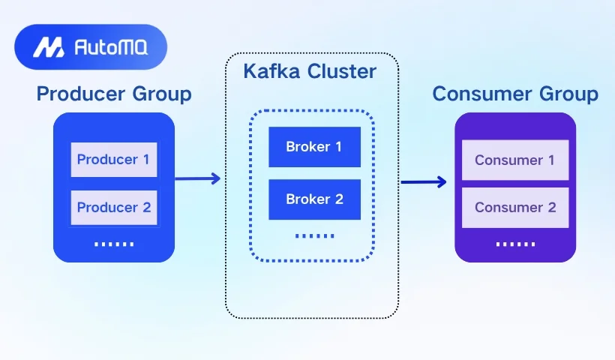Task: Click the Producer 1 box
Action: coord(114,160)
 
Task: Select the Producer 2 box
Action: coord(114,208)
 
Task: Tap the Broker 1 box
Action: coord(314,147)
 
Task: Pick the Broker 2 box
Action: coord(314,199)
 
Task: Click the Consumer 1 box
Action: coord(515,160)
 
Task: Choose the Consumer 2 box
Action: coord(515,208)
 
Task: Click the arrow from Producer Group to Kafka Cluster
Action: coord(198,178)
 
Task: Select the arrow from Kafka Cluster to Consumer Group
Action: coord(424,181)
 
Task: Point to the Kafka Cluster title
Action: coord(310,72)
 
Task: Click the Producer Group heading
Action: coord(114,94)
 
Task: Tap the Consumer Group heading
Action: coord(515,94)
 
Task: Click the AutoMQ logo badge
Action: coord(90,47)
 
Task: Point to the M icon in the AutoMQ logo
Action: coord(47,48)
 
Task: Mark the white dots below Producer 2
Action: coord(115,244)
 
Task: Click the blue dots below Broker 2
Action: coord(315,235)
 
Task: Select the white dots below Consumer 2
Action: coord(515,244)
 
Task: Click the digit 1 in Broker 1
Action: coord(337,147)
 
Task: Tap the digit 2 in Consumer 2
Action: coord(552,208)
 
